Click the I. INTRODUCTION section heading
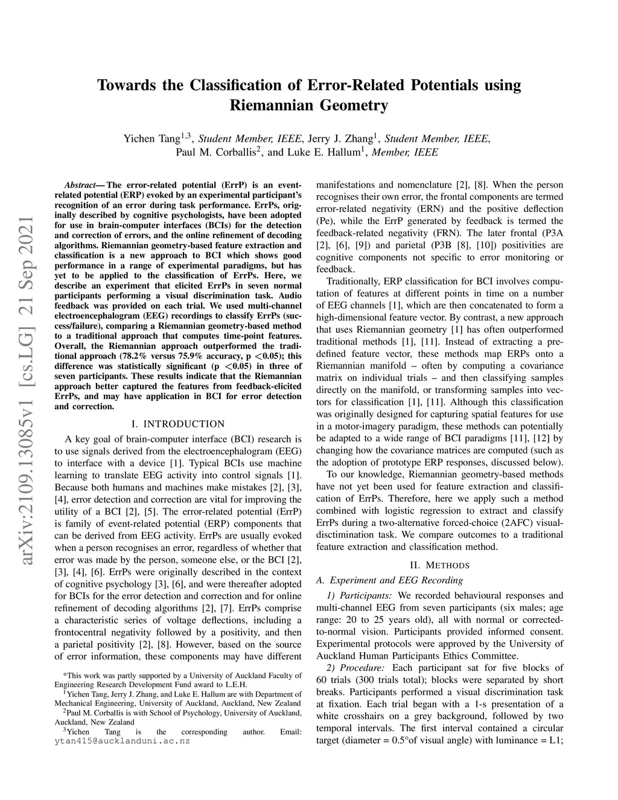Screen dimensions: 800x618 pos(177,424)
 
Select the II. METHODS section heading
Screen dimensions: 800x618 pos(439,565)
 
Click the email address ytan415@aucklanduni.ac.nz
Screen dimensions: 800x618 pos(122,741)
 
